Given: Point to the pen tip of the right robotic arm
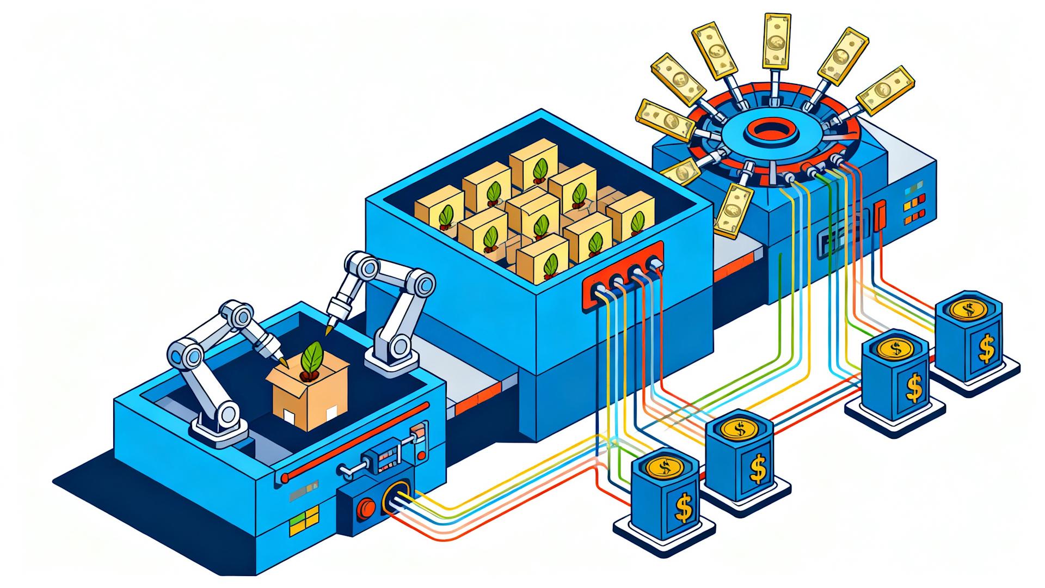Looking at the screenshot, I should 328,332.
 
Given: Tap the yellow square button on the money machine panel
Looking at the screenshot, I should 907,207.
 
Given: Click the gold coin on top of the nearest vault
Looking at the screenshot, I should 665,467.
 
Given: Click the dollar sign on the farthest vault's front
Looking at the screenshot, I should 986,349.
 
